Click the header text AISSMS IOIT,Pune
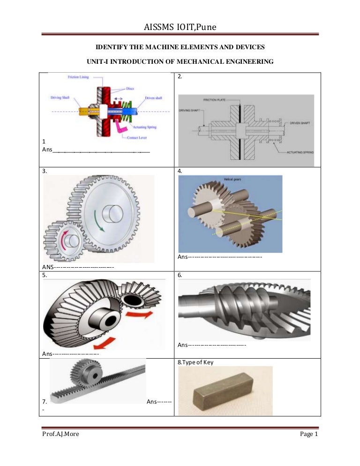click(180, 30)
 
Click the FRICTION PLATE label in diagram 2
click(217, 100)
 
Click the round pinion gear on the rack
click(85, 375)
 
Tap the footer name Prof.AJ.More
click(60, 434)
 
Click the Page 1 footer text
click(309, 434)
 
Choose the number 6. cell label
click(180, 276)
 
